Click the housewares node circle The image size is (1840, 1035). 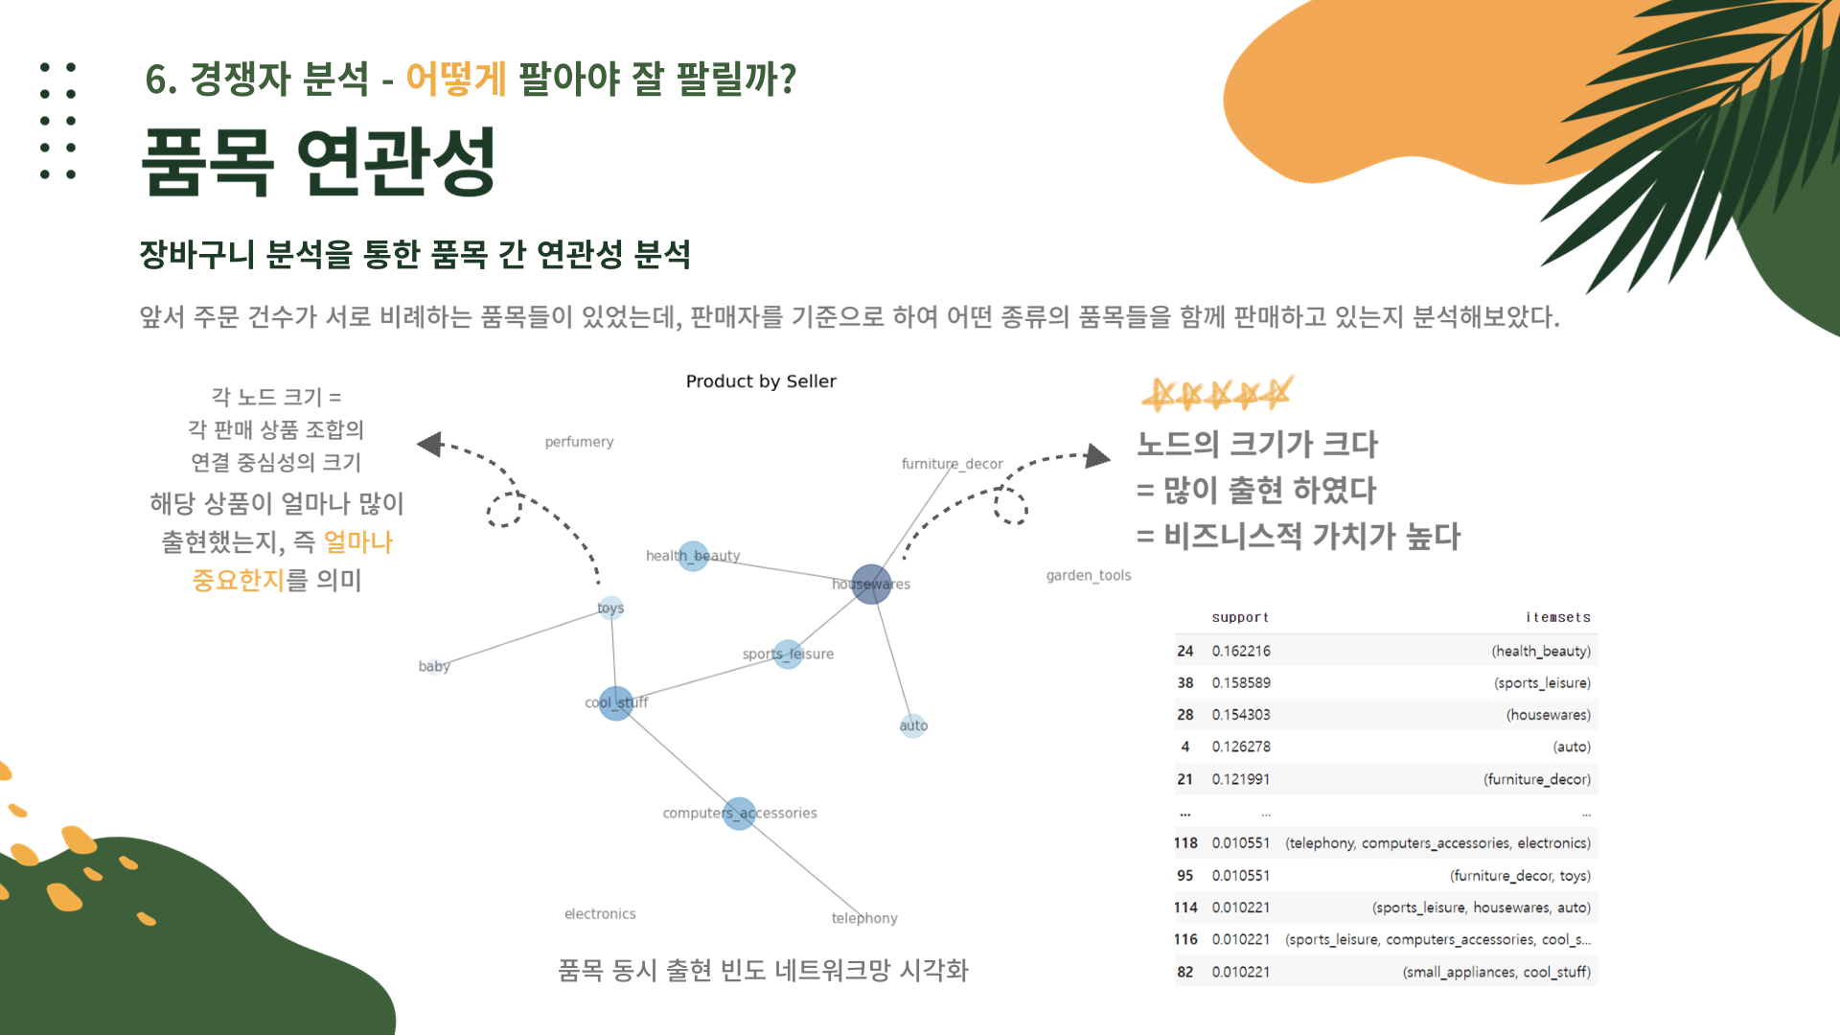[871, 584]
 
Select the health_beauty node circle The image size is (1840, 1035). [693, 556]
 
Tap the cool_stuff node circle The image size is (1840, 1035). [615, 703]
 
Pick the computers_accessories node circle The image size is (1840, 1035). [739, 814]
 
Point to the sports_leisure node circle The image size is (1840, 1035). [788, 655]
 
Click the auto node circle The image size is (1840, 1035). [913, 725]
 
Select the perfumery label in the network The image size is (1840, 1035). [579, 442]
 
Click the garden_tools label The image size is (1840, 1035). [1088, 575]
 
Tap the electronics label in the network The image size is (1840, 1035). [600, 914]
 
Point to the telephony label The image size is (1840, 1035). [864, 918]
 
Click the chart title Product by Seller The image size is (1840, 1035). [761, 381]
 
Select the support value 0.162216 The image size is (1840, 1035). [1241, 652]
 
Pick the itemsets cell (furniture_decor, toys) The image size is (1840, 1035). [1520, 876]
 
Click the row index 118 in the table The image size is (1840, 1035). [1185, 843]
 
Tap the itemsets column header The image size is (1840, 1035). [1558, 618]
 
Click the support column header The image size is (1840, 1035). [1240, 618]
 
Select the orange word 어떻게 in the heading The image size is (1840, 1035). [456, 79]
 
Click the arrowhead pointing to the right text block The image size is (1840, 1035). [1097, 455]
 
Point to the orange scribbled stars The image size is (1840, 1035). [1217, 393]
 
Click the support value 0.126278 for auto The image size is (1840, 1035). [1241, 747]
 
